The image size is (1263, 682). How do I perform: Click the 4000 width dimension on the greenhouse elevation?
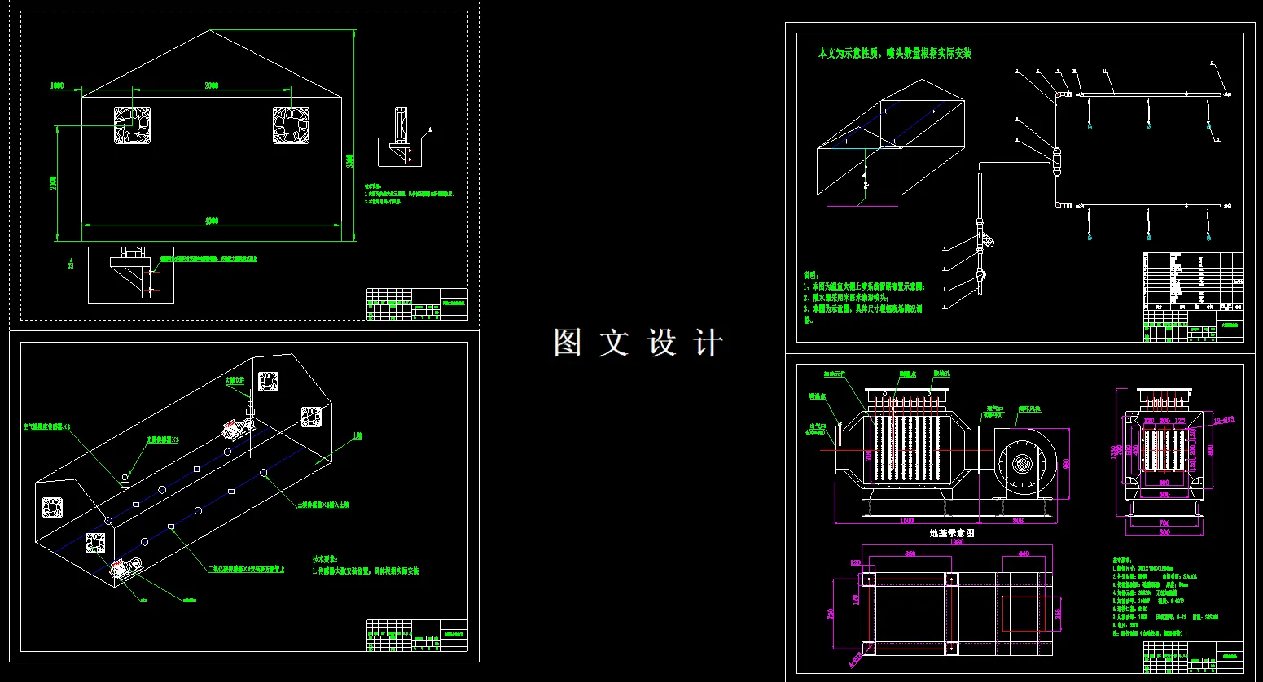(x=211, y=221)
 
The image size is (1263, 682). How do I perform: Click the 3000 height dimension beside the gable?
(x=350, y=160)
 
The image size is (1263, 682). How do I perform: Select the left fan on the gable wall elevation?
(x=132, y=126)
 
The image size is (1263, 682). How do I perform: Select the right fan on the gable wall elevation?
(x=291, y=125)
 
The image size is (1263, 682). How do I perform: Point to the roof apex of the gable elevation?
(x=211, y=31)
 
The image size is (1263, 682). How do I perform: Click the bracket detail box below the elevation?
(x=131, y=275)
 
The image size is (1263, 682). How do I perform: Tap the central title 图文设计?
(x=638, y=343)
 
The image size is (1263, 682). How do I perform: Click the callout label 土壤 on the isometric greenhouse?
(x=357, y=436)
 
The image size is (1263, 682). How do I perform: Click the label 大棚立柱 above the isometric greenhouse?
(x=235, y=380)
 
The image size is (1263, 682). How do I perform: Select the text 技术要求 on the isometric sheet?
(x=324, y=559)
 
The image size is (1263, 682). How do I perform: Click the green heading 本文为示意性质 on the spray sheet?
(x=894, y=53)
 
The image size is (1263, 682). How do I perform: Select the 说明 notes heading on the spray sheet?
(x=811, y=276)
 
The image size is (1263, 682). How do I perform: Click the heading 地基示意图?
(x=952, y=533)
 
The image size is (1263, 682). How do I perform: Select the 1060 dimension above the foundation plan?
(x=957, y=542)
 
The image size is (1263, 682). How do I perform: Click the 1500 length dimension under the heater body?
(x=906, y=521)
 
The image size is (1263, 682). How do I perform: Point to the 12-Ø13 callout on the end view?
(x=1223, y=421)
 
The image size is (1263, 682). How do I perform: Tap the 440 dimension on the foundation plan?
(x=1024, y=553)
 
